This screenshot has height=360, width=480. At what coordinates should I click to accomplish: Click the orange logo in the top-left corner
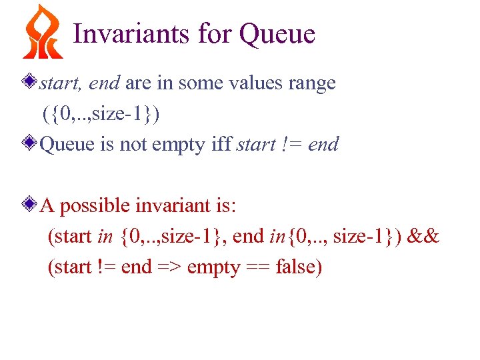tap(43, 32)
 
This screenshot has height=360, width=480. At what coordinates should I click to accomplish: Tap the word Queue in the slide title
tap(277, 33)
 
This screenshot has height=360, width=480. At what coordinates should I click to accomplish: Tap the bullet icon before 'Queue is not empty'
tap(29, 143)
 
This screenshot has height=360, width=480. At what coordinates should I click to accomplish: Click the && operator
tap(424, 236)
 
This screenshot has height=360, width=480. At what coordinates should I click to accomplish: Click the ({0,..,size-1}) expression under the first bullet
tap(101, 114)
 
